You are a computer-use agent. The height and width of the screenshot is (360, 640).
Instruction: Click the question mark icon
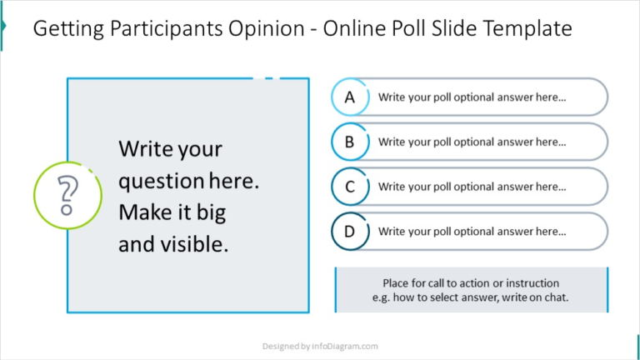[67, 196]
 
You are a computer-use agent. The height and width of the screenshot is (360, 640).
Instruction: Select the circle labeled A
[350, 97]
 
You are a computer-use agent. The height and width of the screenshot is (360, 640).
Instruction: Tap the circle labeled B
[350, 142]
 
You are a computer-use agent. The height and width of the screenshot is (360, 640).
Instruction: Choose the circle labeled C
[350, 187]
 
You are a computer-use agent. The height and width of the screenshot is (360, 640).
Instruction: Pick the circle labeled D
[350, 232]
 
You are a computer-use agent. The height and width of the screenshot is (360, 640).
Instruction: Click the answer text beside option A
[472, 97]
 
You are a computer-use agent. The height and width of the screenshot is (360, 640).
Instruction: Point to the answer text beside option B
[472, 142]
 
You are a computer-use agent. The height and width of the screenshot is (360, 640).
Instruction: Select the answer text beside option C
[472, 187]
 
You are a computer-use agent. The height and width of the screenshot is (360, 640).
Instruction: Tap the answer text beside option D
[472, 232]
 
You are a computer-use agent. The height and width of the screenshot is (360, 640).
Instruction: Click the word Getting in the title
[66, 29]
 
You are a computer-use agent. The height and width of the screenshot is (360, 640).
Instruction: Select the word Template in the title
[529, 29]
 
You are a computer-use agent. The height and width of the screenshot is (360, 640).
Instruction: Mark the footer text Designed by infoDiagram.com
[320, 346]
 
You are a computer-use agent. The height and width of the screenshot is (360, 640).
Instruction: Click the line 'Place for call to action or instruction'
[471, 283]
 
